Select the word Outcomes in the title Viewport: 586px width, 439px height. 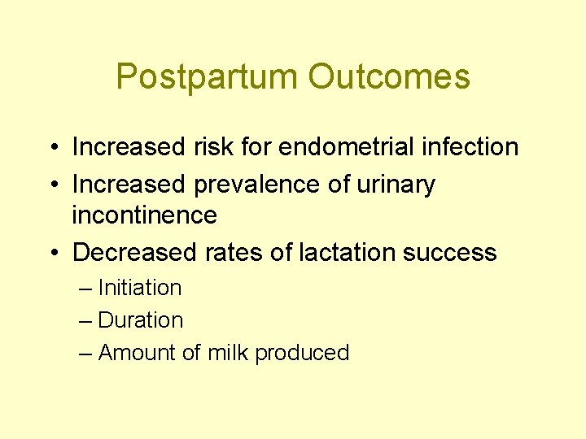(389, 77)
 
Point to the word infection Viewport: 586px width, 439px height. (470, 147)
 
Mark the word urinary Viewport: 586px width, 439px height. (396, 185)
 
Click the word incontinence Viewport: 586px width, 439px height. (144, 215)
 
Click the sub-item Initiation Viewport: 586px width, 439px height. (139, 288)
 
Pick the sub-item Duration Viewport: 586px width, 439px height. (140, 320)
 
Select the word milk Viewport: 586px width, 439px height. (229, 353)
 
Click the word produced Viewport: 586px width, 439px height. (302, 353)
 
